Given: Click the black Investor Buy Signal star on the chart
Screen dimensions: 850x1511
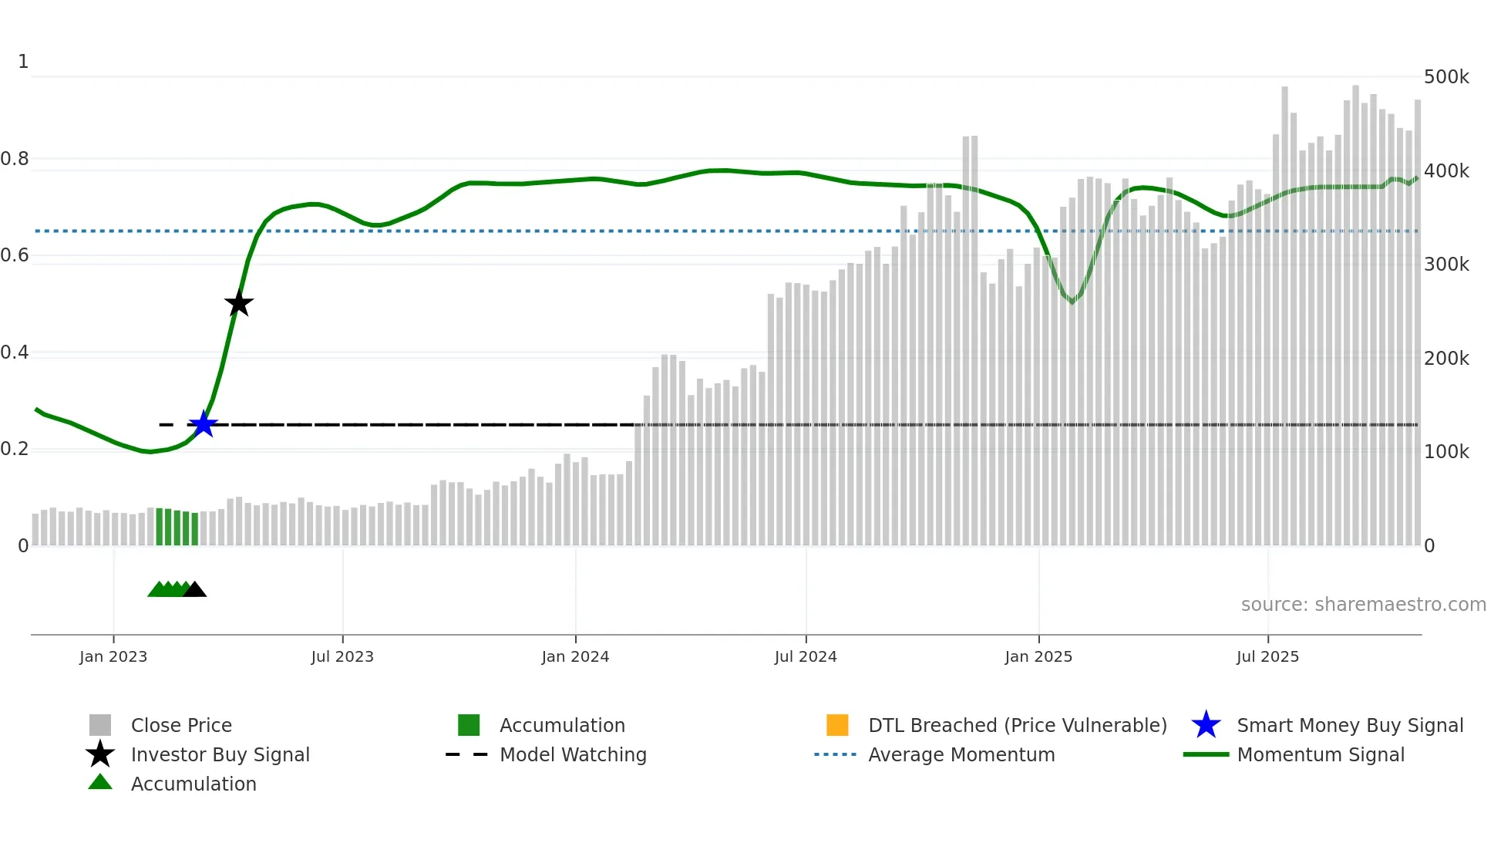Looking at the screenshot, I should point(239,303).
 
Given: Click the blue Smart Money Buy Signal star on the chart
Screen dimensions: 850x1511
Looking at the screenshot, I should point(204,423).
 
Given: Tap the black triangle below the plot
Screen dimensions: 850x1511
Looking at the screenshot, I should point(194,590).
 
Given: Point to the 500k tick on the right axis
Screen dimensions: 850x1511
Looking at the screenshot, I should point(1446,77).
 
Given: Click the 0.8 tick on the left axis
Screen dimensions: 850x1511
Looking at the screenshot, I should point(15,159).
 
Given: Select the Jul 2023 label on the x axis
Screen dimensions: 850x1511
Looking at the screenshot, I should point(342,656).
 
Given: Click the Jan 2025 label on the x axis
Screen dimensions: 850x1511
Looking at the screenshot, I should point(1038,656).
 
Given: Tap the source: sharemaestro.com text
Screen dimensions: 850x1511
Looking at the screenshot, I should point(1363,605).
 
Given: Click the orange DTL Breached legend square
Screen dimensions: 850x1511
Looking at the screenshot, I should point(837,725).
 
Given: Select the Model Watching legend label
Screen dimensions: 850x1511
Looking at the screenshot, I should point(573,754).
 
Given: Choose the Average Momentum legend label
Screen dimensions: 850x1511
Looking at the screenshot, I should point(961,754).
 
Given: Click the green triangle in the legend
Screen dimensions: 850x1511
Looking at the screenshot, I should point(100,783).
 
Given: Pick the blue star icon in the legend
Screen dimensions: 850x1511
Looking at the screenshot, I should point(1206,725).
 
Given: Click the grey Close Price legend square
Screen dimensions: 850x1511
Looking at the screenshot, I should point(100,725).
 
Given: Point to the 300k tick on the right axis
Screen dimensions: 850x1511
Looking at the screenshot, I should point(1446,265).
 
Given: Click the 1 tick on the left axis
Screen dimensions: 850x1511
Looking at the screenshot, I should point(23,62).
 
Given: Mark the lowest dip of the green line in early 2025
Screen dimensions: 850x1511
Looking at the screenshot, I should point(1072,302).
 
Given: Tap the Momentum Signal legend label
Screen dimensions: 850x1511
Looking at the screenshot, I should point(1321,754).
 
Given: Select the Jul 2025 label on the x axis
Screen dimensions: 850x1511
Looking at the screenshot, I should point(1267,656).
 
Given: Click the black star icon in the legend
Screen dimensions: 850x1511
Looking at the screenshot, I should point(100,754).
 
